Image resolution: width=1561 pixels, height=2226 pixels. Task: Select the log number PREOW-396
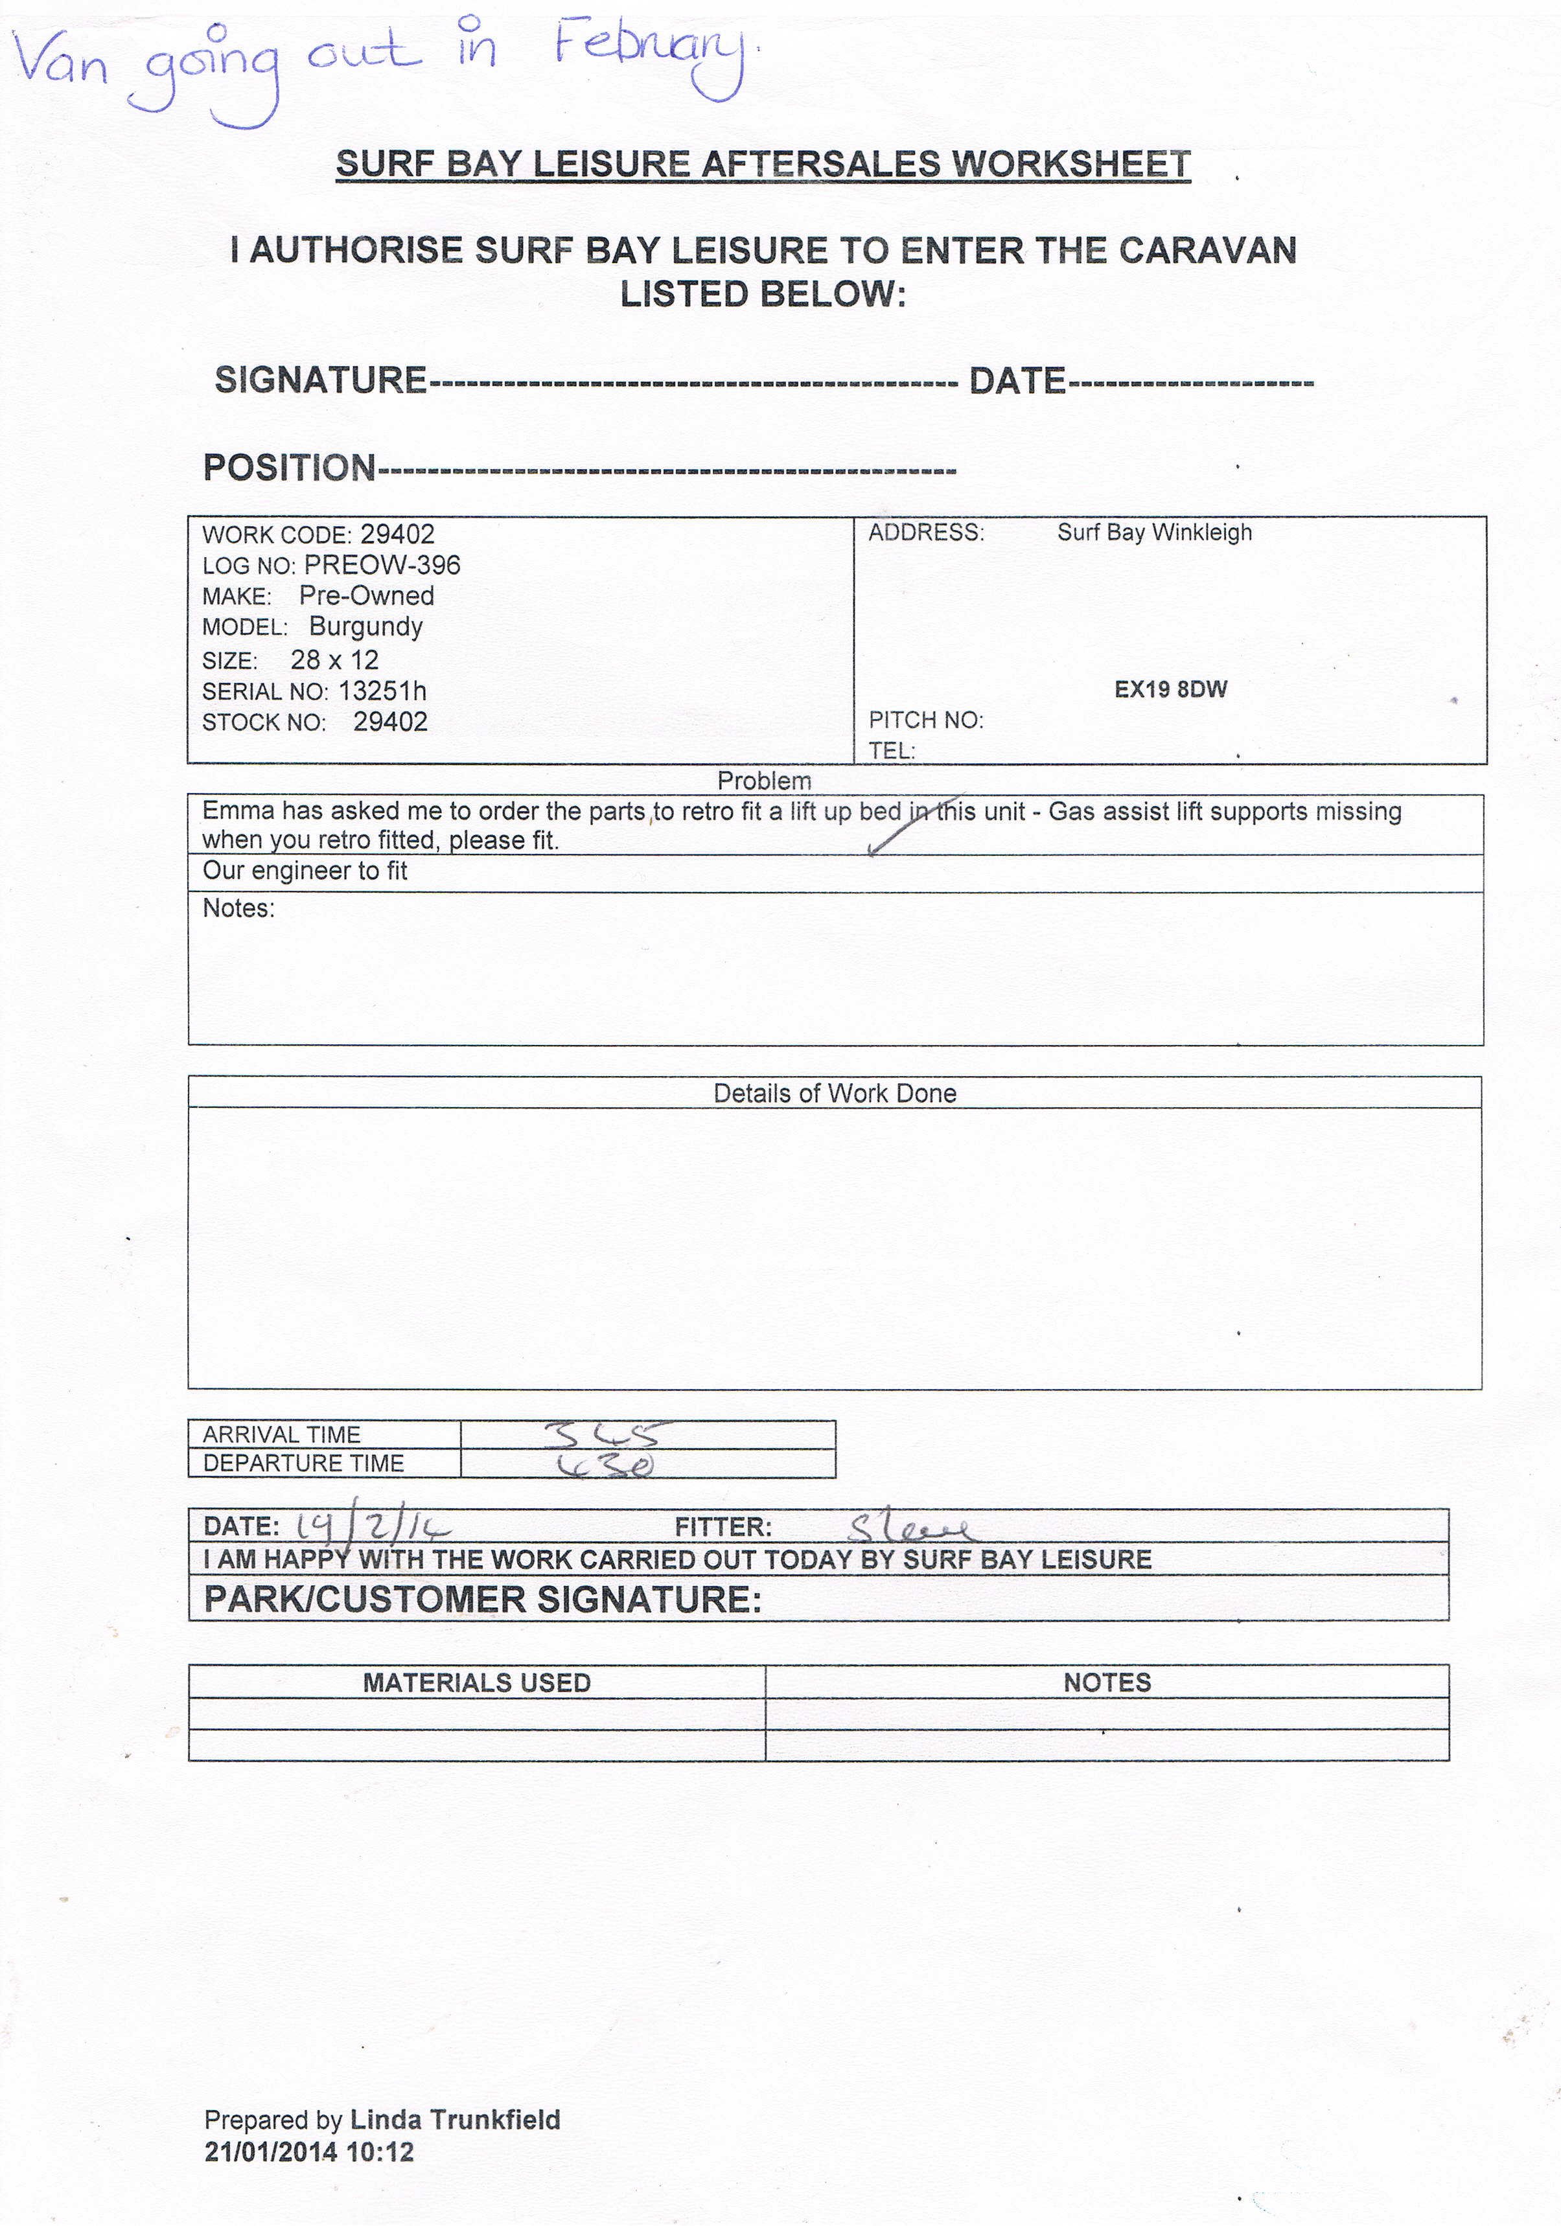click(382, 565)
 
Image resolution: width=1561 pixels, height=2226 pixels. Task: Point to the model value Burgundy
click(365, 626)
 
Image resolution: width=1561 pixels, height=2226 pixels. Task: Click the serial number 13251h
click(382, 691)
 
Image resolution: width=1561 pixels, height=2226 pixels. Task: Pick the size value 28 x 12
click(334, 660)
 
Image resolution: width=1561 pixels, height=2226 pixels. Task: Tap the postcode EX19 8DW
click(1170, 689)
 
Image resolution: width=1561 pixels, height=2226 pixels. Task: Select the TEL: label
click(891, 750)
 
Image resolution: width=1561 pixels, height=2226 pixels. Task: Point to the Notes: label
click(238, 908)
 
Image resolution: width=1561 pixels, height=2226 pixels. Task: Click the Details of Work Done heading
click(835, 1094)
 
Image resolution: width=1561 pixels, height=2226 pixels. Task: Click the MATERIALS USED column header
click(476, 1682)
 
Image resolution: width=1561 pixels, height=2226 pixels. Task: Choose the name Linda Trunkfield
click(455, 2120)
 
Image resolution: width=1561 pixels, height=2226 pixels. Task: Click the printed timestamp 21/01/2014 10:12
click(309, 2152)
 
